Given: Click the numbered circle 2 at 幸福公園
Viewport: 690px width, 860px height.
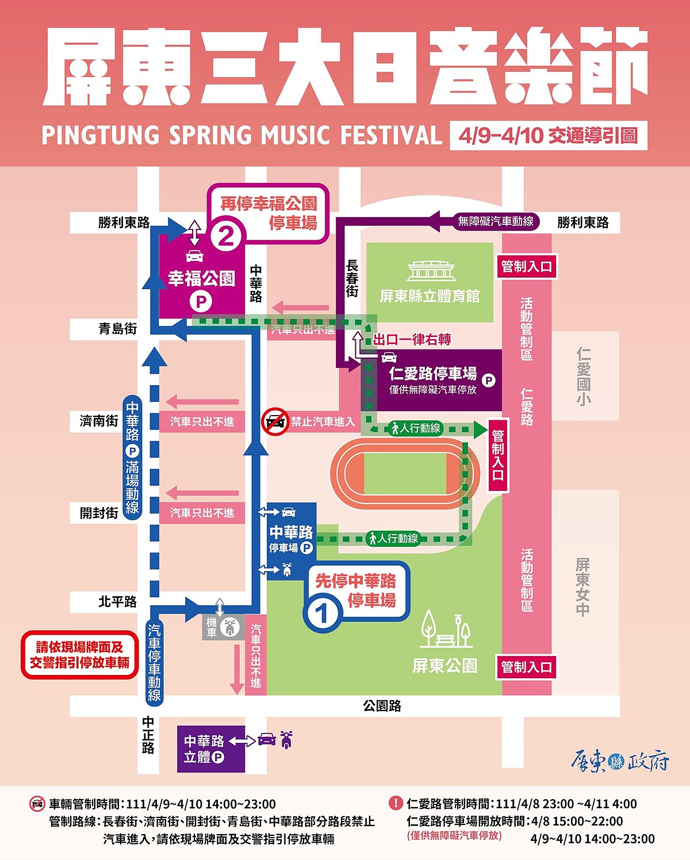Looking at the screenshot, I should [226, 236].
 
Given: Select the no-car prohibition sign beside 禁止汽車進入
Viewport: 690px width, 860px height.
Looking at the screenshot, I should [275, 422].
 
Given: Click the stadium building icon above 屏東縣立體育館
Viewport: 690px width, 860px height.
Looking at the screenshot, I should [431, 271].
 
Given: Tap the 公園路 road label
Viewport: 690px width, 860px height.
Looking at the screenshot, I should [382, 705].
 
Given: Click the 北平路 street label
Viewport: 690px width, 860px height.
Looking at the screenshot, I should [117, 602].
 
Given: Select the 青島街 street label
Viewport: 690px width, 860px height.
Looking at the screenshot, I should [117, 329].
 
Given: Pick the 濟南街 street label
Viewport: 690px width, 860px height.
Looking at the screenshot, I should [98, 421].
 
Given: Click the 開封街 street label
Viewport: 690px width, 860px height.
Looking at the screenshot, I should [99, 512].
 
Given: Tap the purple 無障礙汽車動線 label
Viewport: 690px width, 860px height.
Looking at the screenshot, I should [495, 221].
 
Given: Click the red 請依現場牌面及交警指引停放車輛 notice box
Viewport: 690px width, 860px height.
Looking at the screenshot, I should [80, 655].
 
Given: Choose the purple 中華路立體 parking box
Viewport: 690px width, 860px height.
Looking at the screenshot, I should [210, 749].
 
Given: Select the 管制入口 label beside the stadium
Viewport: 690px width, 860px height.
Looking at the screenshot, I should [526, 267].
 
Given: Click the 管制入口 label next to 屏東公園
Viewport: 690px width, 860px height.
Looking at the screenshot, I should [526, 667].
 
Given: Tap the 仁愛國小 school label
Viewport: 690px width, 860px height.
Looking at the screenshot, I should [584, 377].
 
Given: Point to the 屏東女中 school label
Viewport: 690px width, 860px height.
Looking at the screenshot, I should [582, 586].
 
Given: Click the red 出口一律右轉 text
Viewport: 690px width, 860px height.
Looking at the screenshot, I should [412, 340].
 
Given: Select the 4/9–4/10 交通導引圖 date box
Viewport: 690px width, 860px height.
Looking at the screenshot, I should [548, 136].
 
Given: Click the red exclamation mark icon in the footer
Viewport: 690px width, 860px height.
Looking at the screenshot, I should [396, 803].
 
